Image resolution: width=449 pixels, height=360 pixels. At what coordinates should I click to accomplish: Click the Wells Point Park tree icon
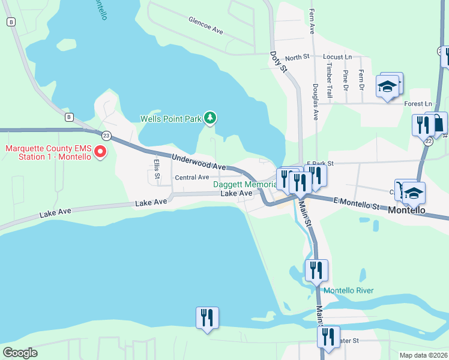209,118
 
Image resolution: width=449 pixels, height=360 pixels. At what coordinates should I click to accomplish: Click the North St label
297,57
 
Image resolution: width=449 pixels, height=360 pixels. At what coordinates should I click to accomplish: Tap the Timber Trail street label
329,83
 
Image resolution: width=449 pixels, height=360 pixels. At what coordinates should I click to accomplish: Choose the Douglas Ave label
315,101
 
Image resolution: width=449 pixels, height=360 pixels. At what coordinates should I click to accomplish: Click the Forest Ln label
418,104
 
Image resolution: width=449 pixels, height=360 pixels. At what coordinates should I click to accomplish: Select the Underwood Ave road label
199,162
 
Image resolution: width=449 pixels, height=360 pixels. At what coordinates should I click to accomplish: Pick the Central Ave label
191,177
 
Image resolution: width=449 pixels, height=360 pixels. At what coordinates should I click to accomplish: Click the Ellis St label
156,169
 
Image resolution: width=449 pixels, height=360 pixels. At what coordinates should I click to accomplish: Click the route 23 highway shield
106,136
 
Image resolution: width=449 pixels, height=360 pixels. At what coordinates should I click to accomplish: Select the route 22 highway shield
428,141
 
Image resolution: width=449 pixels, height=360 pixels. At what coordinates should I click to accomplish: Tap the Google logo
19,353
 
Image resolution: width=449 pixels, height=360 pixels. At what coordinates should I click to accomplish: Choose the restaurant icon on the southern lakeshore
207,318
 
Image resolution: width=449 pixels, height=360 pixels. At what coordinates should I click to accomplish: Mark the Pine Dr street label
345,77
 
